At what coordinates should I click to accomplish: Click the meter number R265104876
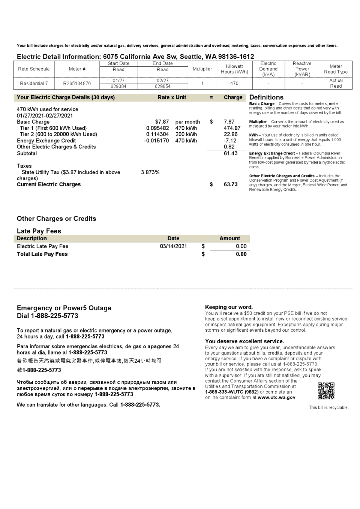point(77,83)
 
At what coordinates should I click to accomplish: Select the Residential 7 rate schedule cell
point(34,83)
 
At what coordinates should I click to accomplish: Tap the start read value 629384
point(118,86)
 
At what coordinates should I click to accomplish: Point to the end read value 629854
point(162,86)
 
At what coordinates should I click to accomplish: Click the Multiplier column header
point(202,69)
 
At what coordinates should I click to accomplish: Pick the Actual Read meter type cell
point(336,83)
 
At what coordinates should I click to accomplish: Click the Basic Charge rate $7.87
point(162,122)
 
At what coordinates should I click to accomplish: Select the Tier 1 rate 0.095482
point(157,128)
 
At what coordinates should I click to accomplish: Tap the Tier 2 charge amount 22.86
point(230,134)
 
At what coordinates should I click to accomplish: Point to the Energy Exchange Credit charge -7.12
point(230,141)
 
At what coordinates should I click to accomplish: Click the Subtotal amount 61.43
point(230,153)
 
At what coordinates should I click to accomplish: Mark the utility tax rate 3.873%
point(150,172)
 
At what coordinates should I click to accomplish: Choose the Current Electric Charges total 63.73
point(230,184)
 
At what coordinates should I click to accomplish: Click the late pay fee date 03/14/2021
point(173,246)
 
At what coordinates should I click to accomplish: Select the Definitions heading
point(266,97)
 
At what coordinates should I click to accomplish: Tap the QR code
point(326,391)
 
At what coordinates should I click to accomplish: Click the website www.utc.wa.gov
point(276,397)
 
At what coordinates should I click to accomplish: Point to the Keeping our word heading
point(229,307)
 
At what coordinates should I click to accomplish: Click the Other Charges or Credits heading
point(56,219)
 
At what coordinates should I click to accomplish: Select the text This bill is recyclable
point(328,407)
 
